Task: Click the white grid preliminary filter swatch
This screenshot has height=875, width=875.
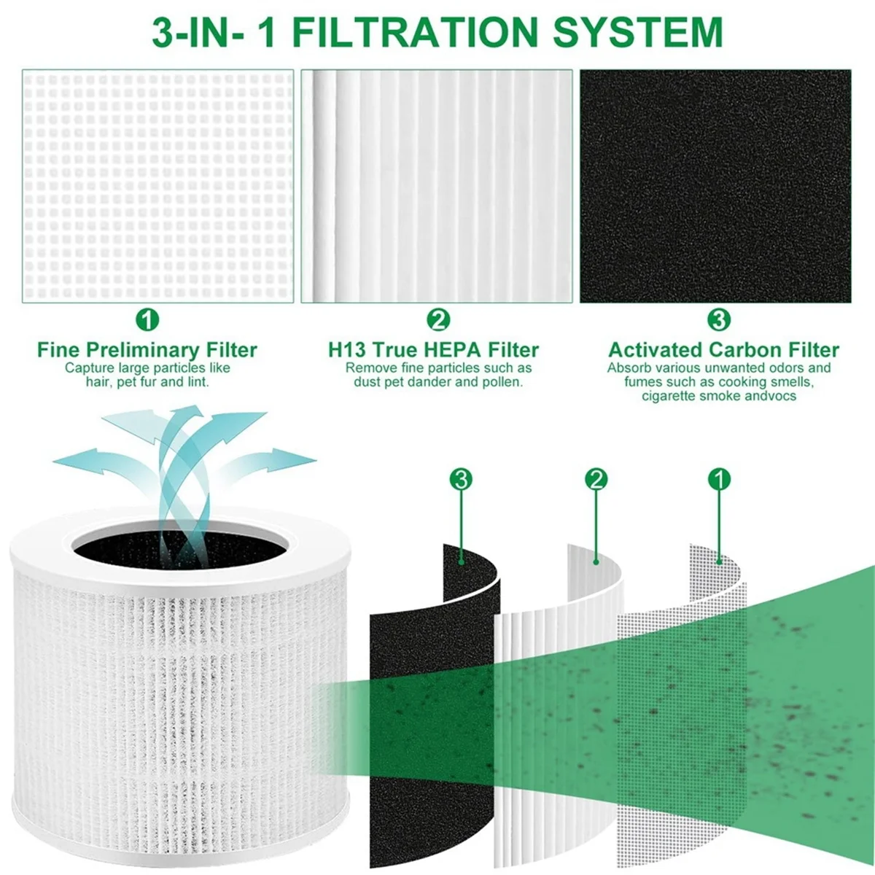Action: tap(157, 186)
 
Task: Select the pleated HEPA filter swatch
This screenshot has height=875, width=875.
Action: tap(437, 186)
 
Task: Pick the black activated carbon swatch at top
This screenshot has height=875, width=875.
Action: tap(715, 186)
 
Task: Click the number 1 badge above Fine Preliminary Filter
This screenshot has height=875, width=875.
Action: tap(147, 319)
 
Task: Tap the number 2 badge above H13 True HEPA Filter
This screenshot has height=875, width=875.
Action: tap(437, 319)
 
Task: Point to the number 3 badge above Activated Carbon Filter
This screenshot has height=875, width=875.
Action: tap(719, 319)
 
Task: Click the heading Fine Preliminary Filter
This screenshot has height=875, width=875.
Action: tap(147, 350)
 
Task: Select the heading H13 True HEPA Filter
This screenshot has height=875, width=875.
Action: tap(433, 350)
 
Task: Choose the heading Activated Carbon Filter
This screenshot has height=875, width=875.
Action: tap(723, 350)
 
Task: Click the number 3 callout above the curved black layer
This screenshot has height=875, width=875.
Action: tap(461, 479)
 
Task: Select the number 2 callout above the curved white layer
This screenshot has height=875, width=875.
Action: tap(596, 479)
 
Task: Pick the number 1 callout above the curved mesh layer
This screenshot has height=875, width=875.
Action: tap(719, 479)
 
